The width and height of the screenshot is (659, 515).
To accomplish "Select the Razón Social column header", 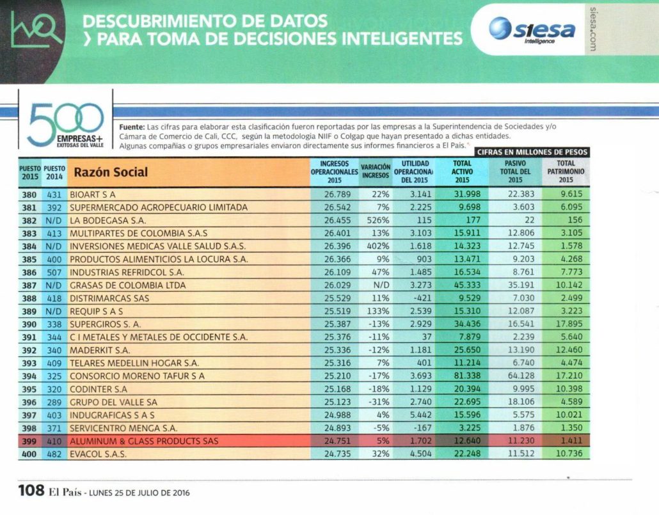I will click(x=111, y=172).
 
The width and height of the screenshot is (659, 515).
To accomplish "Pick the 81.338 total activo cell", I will click(x=458, y=376).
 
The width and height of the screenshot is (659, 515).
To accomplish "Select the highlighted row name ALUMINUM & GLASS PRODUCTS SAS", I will click(x=144, y=441).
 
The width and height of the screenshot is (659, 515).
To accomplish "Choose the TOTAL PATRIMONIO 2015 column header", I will click(x=566, y=171).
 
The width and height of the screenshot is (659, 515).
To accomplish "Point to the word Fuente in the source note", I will click(x=131, y=126).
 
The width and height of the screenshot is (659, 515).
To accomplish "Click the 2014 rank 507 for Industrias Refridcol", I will click(x=54, y=272).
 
